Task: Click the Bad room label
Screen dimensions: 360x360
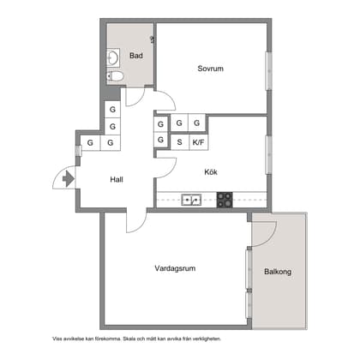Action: coord(135,57)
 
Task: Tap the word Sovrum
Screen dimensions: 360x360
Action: coord(210,69)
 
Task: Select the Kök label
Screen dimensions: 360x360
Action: coord(210,171)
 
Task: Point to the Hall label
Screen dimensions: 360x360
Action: coord(117,180)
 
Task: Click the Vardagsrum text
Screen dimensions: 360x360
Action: coord(175,268)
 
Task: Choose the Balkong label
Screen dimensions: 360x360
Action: coord(278,272)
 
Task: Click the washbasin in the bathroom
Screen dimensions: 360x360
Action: coord(114,58)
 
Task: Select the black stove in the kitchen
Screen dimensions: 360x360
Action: coord(225,201)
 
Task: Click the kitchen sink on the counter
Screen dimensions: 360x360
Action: coord(191,201)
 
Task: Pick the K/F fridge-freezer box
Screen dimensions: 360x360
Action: coord(198,142)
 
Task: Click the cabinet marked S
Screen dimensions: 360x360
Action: coord(180,142)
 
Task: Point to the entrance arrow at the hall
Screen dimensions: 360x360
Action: coord(66,179)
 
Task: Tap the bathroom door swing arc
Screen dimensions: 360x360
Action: coord(137,96)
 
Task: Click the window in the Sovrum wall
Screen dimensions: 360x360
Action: coord(268,69)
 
